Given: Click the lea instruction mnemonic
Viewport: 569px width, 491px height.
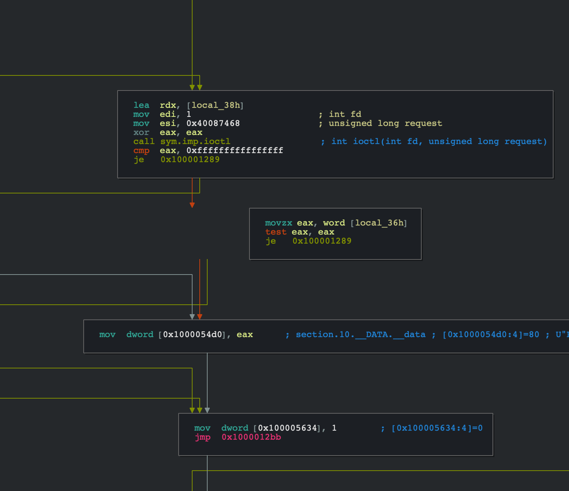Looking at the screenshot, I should pyautogui.click(x=141, y=105).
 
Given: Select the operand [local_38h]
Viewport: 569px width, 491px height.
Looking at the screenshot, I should pyautogui.click(x=215, y=105).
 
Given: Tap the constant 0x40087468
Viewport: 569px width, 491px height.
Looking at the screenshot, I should pyautogui.click(x=213, y=123).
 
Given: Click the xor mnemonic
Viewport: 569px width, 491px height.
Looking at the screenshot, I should pyautogui.click(x=141, y=132).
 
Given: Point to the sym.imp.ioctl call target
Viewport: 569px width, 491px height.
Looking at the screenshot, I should pyautogui.click(x=195, y=141).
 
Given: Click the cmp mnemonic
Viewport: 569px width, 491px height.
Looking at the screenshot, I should pyautogui.click(x=141, y=150).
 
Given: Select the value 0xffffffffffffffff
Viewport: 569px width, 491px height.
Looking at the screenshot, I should pyautogui.click(x=235, y=150).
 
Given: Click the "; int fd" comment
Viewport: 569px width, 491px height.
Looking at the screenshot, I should pyautogui.click(x=340, y=114).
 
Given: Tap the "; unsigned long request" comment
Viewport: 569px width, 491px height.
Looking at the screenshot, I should pyautogui.click(x=380, y=123).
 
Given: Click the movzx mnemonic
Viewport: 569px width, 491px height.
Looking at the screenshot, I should pyautogui.click(x=278, y=223).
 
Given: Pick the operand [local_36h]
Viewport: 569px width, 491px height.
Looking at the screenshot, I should pyautogui.click(x=379, y=223).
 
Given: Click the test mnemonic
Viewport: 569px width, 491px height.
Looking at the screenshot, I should pyautogui.click(x=275, y=232).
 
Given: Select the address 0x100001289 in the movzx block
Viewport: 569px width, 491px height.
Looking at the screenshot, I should pyautogui.click(x=322, y=241).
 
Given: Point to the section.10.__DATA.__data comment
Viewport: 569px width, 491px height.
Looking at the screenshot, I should pyautogui.click(x=360, y=334).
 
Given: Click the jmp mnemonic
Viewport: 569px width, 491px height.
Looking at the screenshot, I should pyautogui.click(x=202, y=437).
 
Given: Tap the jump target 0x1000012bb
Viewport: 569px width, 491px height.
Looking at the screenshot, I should pyautogui.click(x=251, y=437).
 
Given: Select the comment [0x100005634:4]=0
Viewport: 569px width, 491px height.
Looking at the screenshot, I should pyautogui.click(x=437, y=428).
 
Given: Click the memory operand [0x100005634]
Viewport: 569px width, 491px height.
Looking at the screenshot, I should pyautogui.click(x=287, y=428).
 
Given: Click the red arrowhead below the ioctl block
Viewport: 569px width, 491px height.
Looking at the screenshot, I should pyautogui.click(x=192, y=205).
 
